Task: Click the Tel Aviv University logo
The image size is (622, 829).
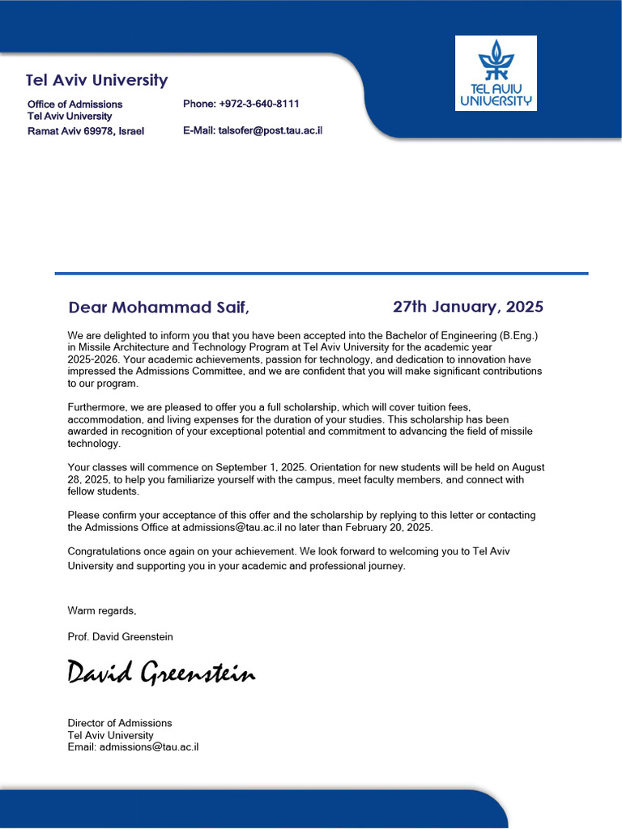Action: (x=496, y=73)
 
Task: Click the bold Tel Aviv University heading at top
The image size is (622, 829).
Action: (x=96, y=80)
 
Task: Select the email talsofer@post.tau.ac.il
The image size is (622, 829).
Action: (x=270, y=130)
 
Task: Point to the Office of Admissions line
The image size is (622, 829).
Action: (x=75, y=104)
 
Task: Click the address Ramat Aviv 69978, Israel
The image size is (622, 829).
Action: (x=86, y=131)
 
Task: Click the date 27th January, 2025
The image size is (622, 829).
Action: (x=468, y=307)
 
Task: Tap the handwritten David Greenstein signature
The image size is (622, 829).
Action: (x=161, y=673)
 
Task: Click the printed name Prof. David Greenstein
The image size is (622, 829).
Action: (x=120, y=637)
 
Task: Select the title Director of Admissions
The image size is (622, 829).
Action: (x=119, y=723)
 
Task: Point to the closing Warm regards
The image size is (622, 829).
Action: (x=102, y=610)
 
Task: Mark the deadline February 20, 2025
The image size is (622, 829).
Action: (x=386, y=528)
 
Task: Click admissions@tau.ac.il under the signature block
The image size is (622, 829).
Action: (x=149, y=747)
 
